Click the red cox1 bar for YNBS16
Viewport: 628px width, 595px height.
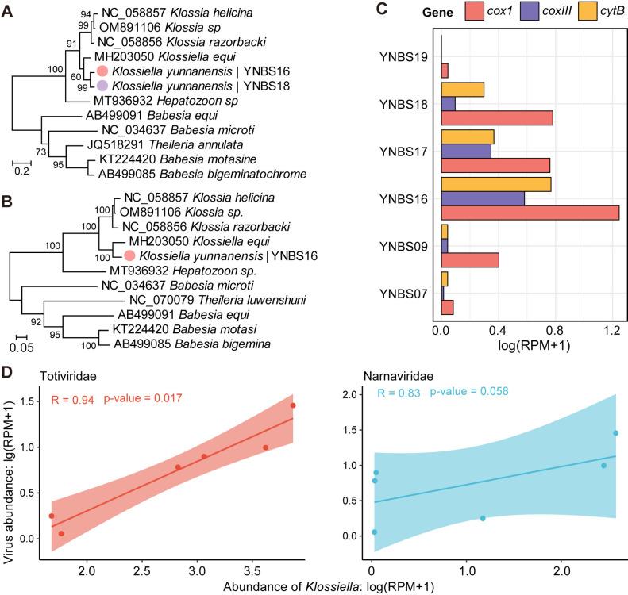[x=529, y=213]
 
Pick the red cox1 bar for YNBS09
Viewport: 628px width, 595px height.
[x=469, y=259]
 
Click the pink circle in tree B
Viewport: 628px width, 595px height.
[x=129, y=255]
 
